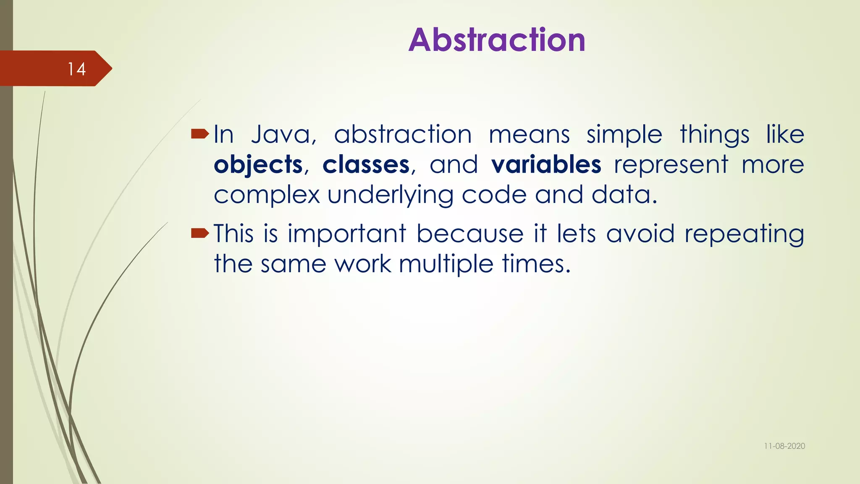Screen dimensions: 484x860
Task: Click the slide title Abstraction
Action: coord(497,40)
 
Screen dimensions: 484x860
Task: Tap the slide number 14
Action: coord(77,69)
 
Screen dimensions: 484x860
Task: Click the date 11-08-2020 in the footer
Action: coord(784,446)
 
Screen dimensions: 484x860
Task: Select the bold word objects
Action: coord(258,165)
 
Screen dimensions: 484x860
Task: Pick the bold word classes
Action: coord(366,165)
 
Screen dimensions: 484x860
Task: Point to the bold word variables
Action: coord(546,165)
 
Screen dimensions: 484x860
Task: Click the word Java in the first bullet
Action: coord(283,134)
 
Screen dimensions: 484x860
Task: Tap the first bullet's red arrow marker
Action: coord(200,134)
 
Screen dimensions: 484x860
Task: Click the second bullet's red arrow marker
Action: coord(200,233)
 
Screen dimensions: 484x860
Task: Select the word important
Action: coord(347,234)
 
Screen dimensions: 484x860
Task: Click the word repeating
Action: coord(744,234)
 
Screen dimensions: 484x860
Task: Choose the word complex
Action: coord(267,195)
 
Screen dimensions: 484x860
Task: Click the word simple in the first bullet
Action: coord(624,135)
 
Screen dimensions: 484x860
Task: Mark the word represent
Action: coord(671,165)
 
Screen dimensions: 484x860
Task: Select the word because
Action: coord(470,234)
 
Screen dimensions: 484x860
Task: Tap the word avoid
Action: coord(640,234)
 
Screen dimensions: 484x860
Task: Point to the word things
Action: coord(714,135)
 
